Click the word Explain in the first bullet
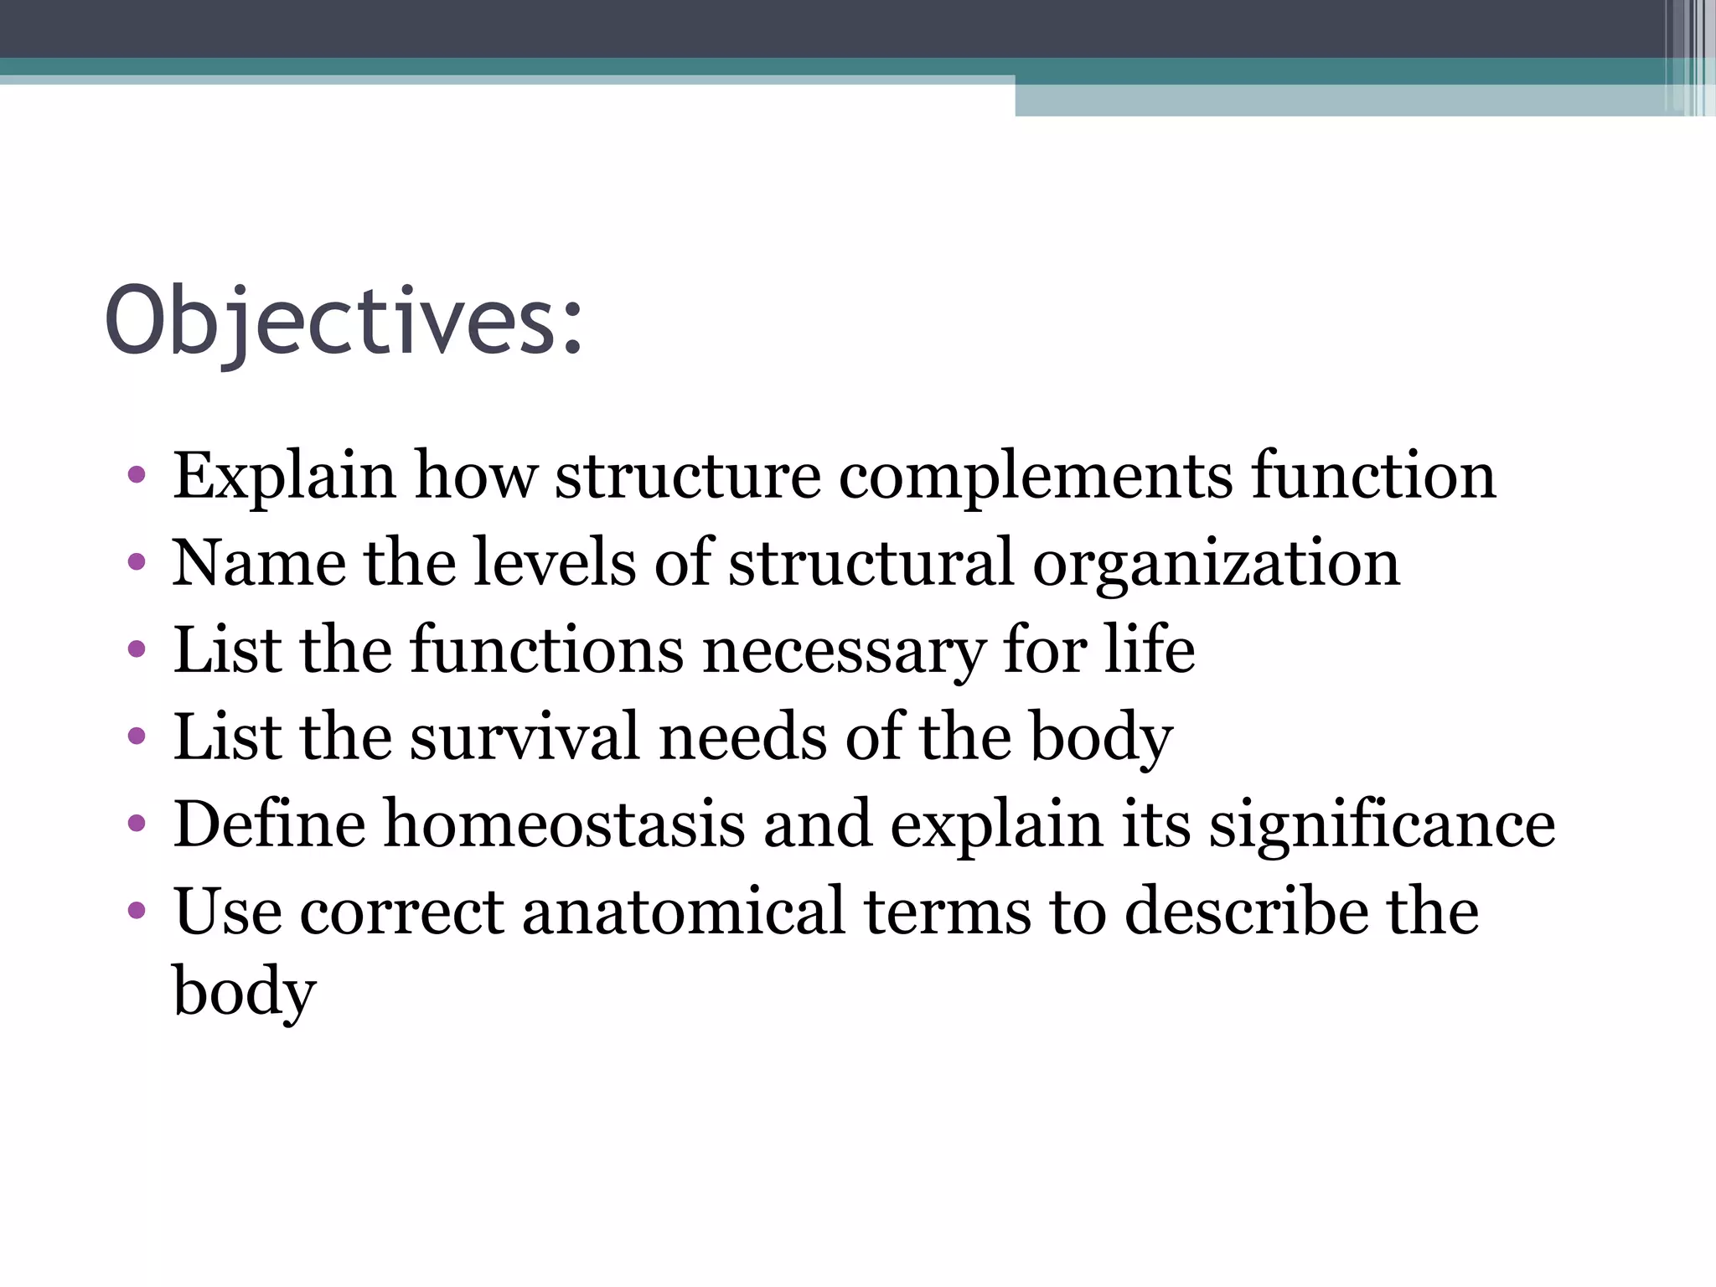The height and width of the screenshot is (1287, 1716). tap(283, 476)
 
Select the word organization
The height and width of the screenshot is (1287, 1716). tap(1216, 563)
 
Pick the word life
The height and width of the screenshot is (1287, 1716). tap(1149, 650)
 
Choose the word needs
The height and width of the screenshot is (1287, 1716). tap(742, 737)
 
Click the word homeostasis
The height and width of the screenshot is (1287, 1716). tap(564, 824)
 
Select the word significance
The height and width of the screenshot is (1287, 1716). tap(1382, 824)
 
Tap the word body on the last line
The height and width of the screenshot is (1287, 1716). tap(244, 992)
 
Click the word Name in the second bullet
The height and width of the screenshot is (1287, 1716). tap(258, 563)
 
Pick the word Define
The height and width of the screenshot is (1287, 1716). tap(269, 824)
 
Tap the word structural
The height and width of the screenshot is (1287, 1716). tap(871, 563)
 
